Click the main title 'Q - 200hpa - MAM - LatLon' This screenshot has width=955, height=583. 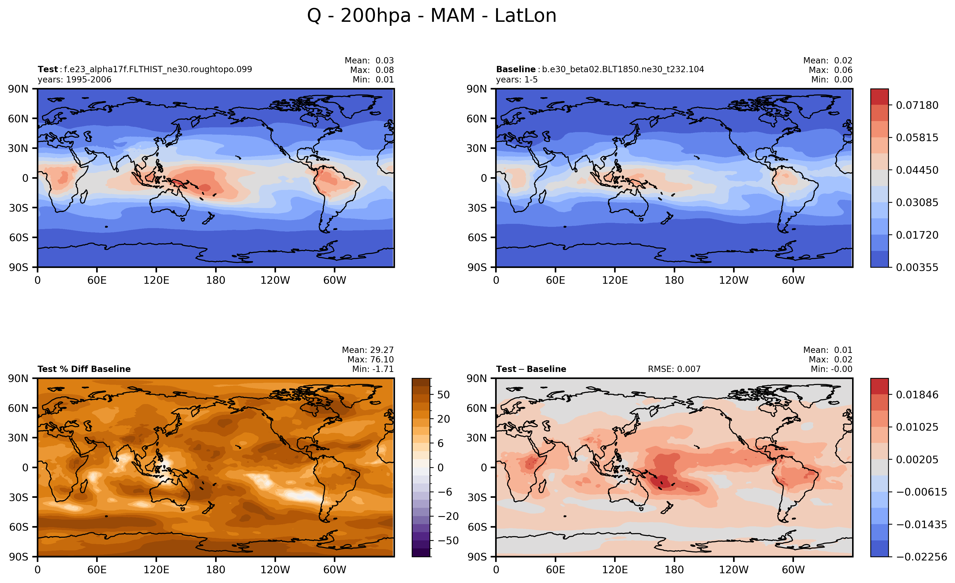[x=432, y=16]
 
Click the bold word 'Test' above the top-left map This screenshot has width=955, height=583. [x=48, y=69]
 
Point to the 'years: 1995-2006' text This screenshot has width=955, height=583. [x=74, y=79]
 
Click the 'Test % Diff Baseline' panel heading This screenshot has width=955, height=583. [x=84, y=369]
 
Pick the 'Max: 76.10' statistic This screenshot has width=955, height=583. [x=370, y=360]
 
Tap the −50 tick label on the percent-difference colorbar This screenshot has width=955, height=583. [x=448, y=541]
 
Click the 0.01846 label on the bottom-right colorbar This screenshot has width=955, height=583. [x=917, y=395]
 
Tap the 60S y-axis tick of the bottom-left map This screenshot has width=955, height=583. [x=19, y=527]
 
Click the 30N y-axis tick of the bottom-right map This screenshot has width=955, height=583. [x=477, y=438]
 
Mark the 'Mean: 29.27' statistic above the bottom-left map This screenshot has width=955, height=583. [x=367, y=350]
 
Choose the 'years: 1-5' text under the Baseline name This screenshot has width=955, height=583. [x=517, y=79]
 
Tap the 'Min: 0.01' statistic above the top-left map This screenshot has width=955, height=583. [x=373, y=79]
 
